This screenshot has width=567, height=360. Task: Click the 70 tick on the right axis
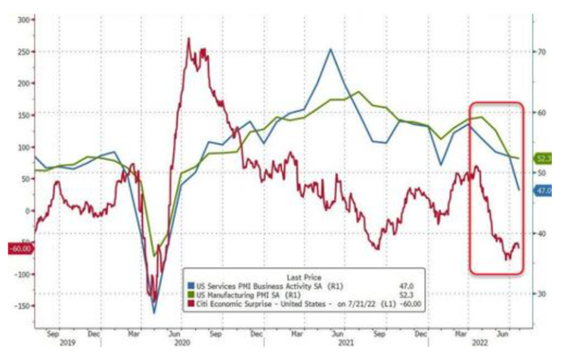(x=541, y=51)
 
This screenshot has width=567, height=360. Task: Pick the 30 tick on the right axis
(x=541, y=293)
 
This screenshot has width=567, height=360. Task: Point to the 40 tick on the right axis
(x=541, y=233)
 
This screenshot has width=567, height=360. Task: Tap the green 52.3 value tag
(x=544, y=159)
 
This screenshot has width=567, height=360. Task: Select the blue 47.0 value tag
(x=544, y=192)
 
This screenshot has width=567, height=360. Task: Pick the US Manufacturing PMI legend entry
(x=242, y=296)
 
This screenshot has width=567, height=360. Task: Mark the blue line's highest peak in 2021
(x=330, y=49)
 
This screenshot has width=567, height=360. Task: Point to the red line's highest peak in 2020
(x=188, y=39)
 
